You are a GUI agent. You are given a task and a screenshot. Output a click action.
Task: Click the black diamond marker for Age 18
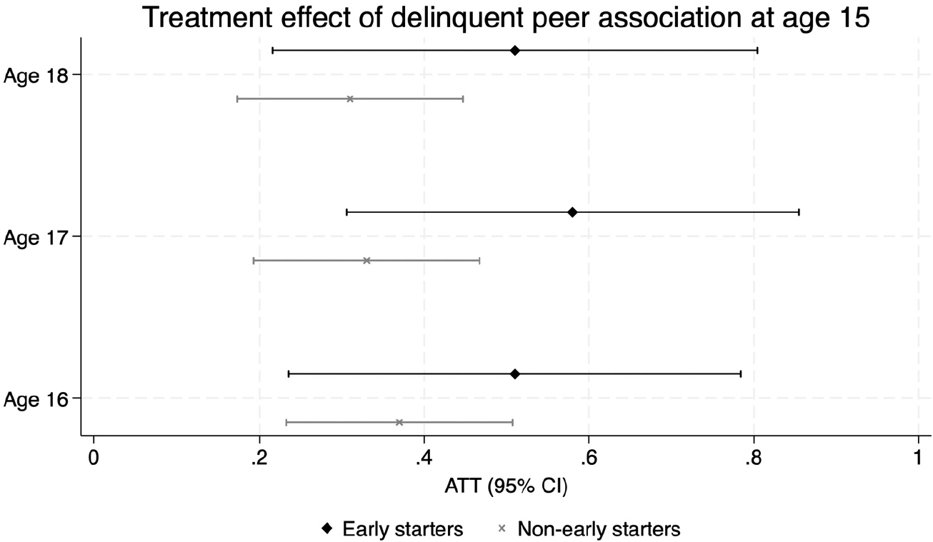pos(515,51)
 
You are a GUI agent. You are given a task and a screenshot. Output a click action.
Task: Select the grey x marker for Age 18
pos(350,99)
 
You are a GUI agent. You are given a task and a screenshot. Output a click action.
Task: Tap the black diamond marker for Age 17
pos(572,212)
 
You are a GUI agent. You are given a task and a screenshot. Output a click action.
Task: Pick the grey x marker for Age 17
pos(366,261)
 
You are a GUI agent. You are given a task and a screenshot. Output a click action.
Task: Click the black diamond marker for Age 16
pos(515,373)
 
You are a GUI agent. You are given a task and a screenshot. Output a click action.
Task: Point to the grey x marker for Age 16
pos(399,423)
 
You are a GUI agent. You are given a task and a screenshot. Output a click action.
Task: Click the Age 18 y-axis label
pos(36,76)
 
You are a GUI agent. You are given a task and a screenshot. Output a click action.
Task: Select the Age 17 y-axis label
pos(36,238)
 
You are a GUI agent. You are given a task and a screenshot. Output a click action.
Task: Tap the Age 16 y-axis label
pos(36,400)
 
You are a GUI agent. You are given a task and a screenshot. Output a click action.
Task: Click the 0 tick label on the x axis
pos(94,458)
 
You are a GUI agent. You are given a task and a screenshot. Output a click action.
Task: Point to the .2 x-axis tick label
pos(259,458)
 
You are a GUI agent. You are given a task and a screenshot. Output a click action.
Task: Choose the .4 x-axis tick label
pos(424,458)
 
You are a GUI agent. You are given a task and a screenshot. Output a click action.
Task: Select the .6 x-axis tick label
pos(589,458)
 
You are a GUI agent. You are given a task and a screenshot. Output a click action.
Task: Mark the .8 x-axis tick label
pos(754,458)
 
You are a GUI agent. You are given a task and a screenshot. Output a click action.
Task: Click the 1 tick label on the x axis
pos(918,458)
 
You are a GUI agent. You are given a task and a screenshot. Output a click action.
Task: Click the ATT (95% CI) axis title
pos(506,486)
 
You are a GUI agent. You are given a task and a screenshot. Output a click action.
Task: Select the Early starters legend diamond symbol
pos(327,528)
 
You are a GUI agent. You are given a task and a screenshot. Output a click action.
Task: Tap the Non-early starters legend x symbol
pos(502,528)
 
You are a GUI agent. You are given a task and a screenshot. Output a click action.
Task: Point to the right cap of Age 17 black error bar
pos(799,212)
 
